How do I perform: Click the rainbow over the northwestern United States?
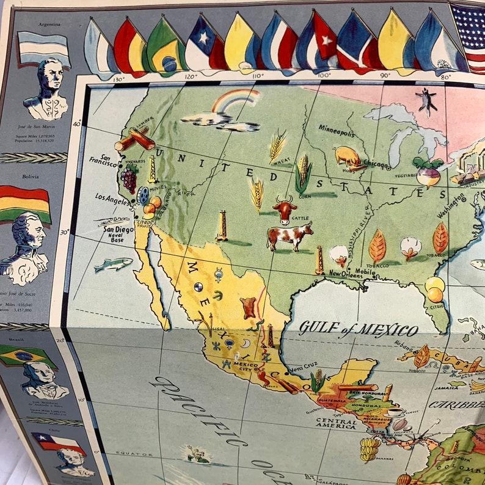[x=235, y=101]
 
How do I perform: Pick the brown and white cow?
[x=289, y=235]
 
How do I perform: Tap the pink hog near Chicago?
[x=348, y=156]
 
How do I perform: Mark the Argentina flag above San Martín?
[x=43, y=48]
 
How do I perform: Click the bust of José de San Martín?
[x=45, y=92]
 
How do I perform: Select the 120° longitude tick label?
[x=191, y=76]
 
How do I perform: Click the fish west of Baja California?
[x=114, y=264]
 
